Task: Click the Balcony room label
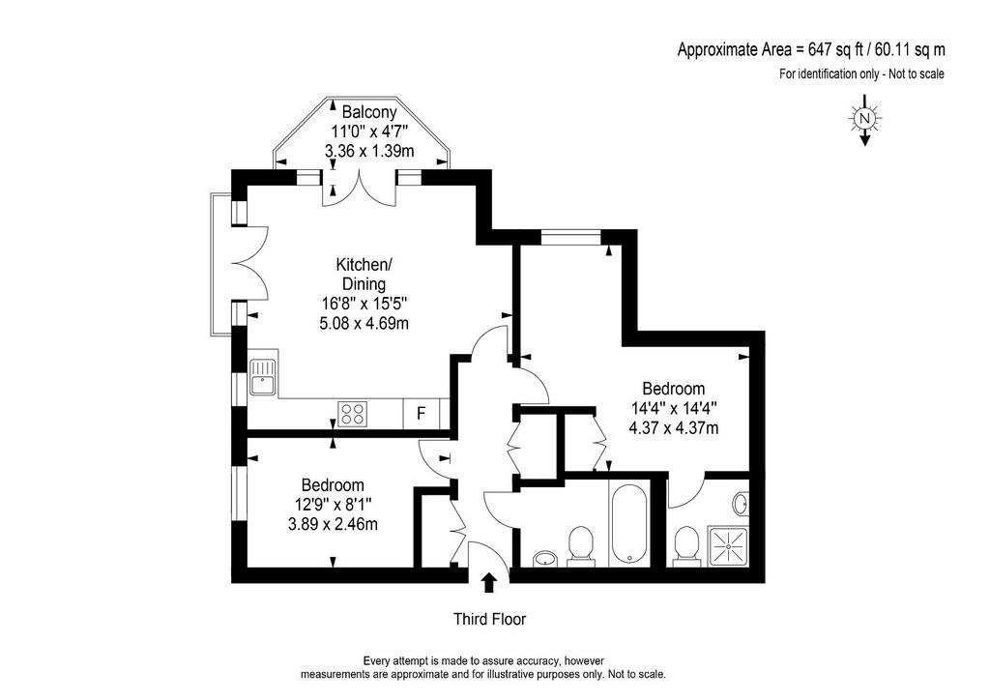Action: tap(369, 112)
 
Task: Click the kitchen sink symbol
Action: tap(263, 377)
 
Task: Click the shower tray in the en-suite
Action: tap(729, 544)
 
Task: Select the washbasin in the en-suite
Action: tap(741, 504)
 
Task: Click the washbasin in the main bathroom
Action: tap(545, 558)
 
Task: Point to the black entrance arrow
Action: tap(488, 583)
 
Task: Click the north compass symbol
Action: tap(865, 120)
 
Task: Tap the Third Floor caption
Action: tap(489, 619)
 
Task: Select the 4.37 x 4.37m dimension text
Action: tap(673, 428)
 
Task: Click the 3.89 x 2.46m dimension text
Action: tap(333, 524)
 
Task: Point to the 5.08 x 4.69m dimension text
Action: tap(364, 323)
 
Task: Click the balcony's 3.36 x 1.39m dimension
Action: tap(369, 151)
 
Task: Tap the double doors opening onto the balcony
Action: tap(360, 189)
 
